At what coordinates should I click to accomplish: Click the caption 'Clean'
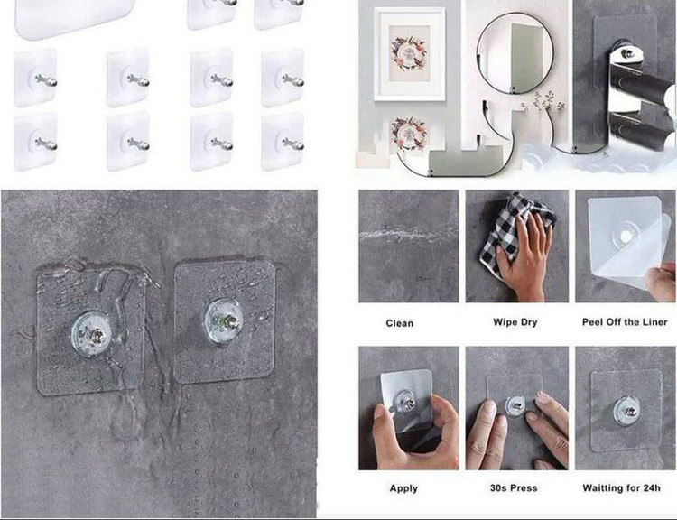pyautogui.click(x=399, y=323)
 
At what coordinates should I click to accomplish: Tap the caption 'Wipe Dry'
pyautogui.click(x=515, y=322)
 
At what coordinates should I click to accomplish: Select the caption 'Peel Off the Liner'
pyautogui.click(x=625, y=322)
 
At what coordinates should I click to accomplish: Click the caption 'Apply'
pyautogui.click(x=403, y=488)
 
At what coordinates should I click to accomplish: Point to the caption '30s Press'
pyautogui.click(x=514, y=488)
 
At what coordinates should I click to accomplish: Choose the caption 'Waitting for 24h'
pyautogui.click(x=621, y=488)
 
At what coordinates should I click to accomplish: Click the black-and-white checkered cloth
pyautogui.click(x=513, y=232)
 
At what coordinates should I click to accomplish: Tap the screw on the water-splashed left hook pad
pyautogui.click(x=97, y=335)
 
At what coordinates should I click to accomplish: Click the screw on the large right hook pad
pyautogui.click(x=229, y=321)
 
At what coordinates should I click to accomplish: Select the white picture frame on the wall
pyautogui.click(x=409, y=54)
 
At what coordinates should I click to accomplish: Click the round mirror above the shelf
pyautogui.click(x=515, y=52)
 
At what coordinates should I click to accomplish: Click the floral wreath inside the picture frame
pyautogui.click(x=408, y=52)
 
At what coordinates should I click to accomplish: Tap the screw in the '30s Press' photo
pyautogui.click(x=516, y=406)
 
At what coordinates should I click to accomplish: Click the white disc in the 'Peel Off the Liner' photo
pyautogui.click(x=626, y=237)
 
